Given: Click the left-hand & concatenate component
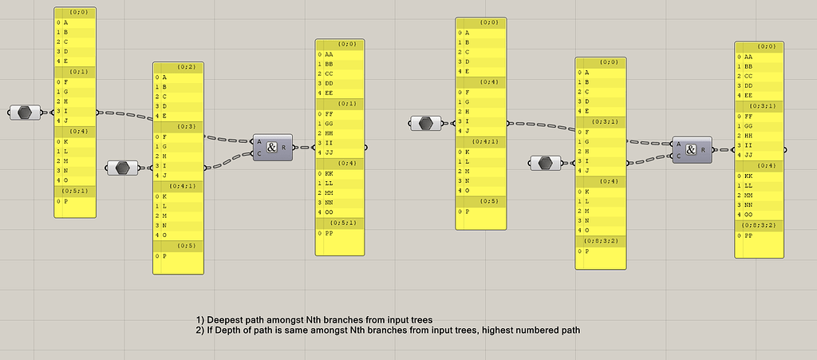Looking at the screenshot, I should (272, 148).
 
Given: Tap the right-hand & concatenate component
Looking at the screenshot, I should (691, 149).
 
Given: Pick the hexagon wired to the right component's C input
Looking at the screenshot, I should (546, 163).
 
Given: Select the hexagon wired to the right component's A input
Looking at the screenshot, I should (426, 123).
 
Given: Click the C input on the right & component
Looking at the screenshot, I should (678, 156).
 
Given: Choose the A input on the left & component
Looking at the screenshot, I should (259, 142).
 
